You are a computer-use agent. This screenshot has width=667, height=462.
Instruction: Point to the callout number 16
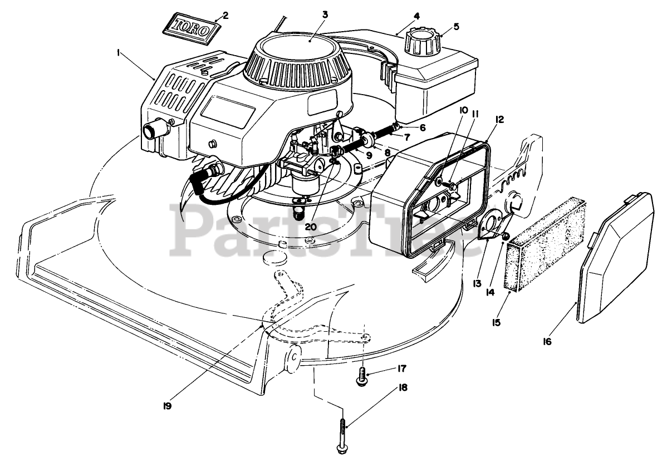click(547, 341)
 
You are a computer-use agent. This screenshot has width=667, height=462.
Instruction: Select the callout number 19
click(166, 405)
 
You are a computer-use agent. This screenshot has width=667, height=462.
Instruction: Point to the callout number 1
click(119, 53)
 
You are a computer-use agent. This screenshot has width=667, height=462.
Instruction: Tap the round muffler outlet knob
click(151, 131)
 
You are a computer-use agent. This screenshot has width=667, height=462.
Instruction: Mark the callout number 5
click(456, 26)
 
